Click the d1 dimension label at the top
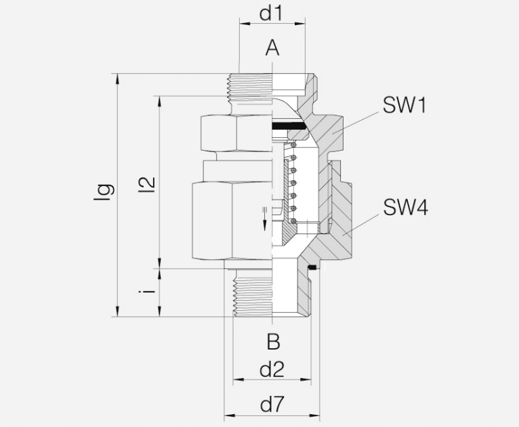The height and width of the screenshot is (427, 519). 272,14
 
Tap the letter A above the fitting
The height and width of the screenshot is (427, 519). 272,48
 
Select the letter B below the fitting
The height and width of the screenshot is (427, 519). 274,341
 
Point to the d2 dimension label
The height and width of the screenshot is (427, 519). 272,369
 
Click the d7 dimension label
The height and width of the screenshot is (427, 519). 272,404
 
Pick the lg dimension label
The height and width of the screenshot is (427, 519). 104,192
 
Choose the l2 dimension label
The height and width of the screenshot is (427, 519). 146,185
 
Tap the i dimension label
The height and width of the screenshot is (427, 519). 146,291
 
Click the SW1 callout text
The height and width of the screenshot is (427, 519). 404,105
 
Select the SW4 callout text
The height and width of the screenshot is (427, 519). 405,207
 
